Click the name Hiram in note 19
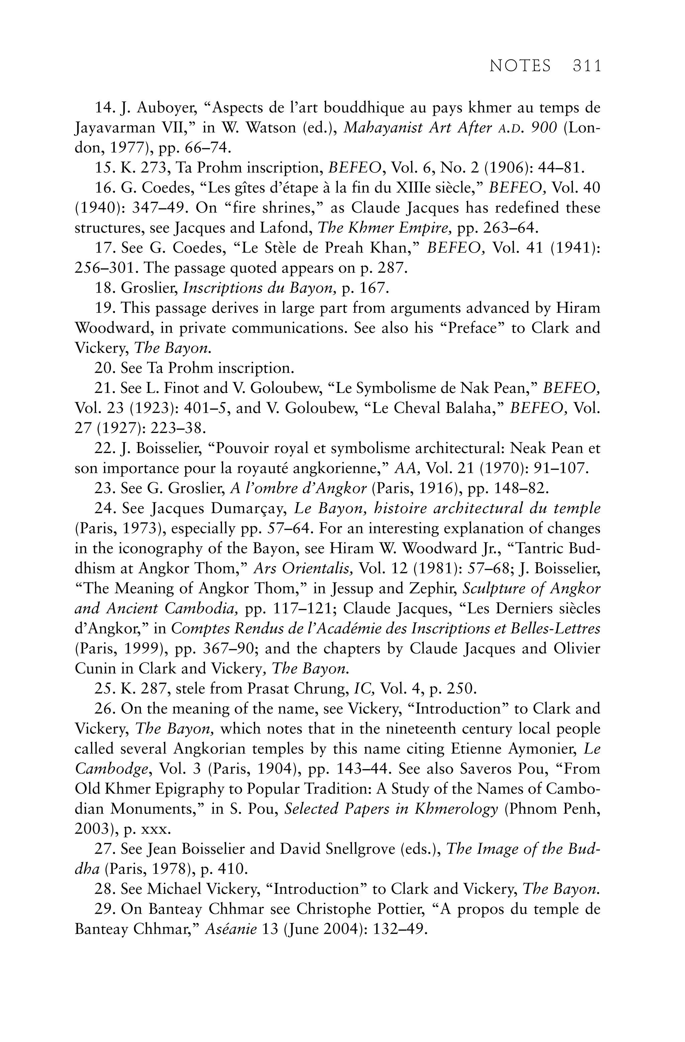(x=578, y=308)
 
